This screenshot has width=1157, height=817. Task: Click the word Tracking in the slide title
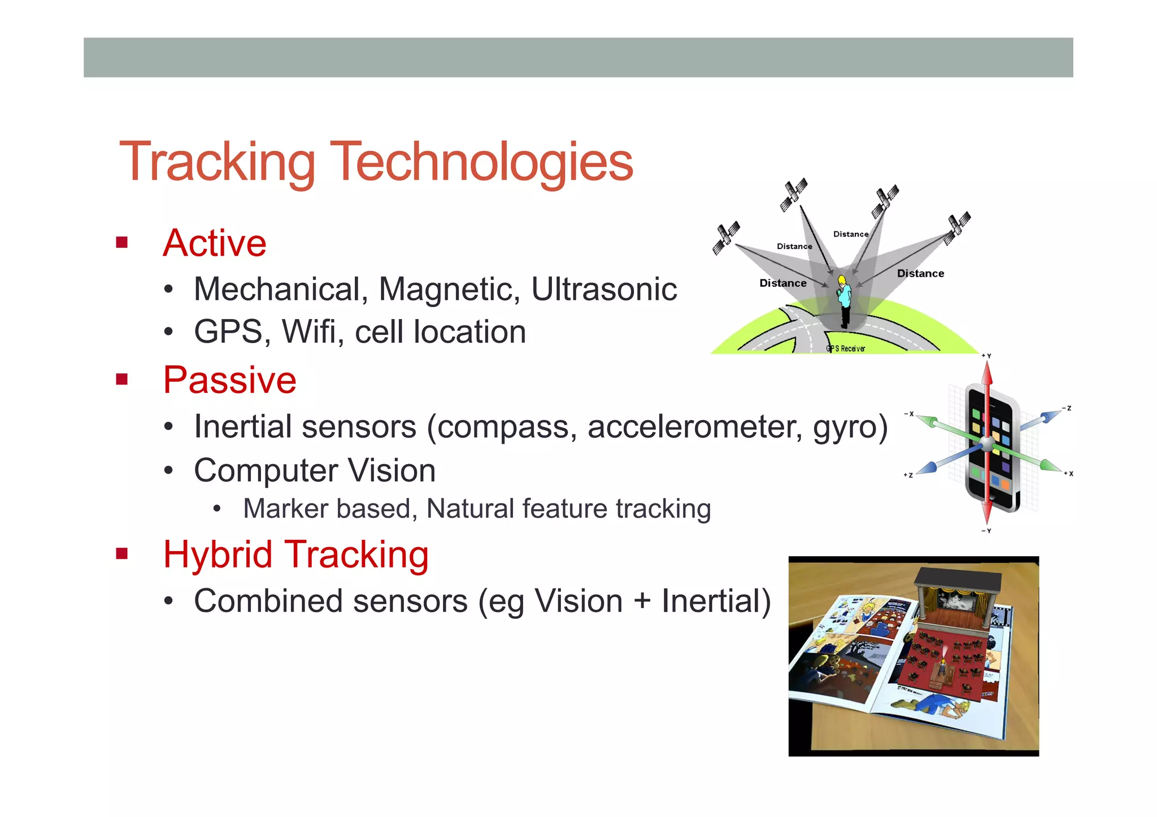tap(218, 162)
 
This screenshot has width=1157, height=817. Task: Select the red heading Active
tap(215, 243)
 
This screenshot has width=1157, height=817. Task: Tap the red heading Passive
tap(229, 380)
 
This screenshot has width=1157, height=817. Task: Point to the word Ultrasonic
tap(603, 290)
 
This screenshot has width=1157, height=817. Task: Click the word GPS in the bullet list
tap(228, 332)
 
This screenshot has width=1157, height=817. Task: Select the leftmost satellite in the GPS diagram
tap(725, 238)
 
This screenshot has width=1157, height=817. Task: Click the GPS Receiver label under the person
tap(845, 349)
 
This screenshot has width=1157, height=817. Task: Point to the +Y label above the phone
tap(986, 356)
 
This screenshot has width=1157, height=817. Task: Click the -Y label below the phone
tap(986, 531)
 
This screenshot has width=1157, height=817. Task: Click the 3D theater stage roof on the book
tap(958, 578)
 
